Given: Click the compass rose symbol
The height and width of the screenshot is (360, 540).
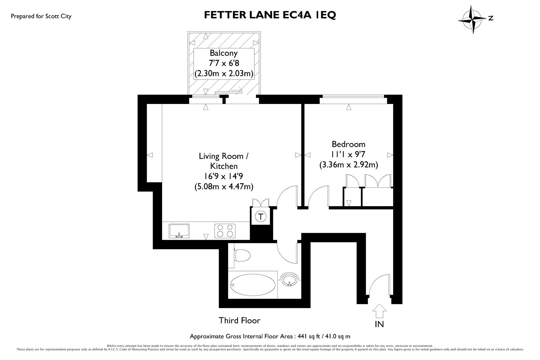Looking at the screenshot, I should pyautogui.click(x=472, y=19).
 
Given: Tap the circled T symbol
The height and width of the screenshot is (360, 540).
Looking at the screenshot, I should pyautogui.click(x=261, y=217).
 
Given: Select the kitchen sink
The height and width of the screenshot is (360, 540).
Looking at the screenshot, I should pyautogui.click(x=179, y=231).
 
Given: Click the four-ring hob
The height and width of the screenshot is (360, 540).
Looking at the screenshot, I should pyautogui.click(x=224, y=231).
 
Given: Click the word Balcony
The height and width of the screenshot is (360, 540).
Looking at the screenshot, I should pyautogui.click(x=224, y=53).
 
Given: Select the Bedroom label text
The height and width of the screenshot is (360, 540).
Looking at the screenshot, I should pyautogui.click(x=348, y=144).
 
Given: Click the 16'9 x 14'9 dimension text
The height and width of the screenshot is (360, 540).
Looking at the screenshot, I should pyautogui.click(x=224, y=176).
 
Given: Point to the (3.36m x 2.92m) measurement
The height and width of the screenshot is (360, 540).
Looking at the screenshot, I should pyautogui.click(x=348, y=165).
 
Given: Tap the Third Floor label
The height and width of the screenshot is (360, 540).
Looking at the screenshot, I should pyautogui.click(x=239, y=321).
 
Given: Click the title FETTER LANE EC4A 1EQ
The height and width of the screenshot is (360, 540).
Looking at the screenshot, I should pyautogui.click(x=270, y=15).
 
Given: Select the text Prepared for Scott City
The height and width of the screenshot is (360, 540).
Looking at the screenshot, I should pyautogui.click(x=41, y=16).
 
